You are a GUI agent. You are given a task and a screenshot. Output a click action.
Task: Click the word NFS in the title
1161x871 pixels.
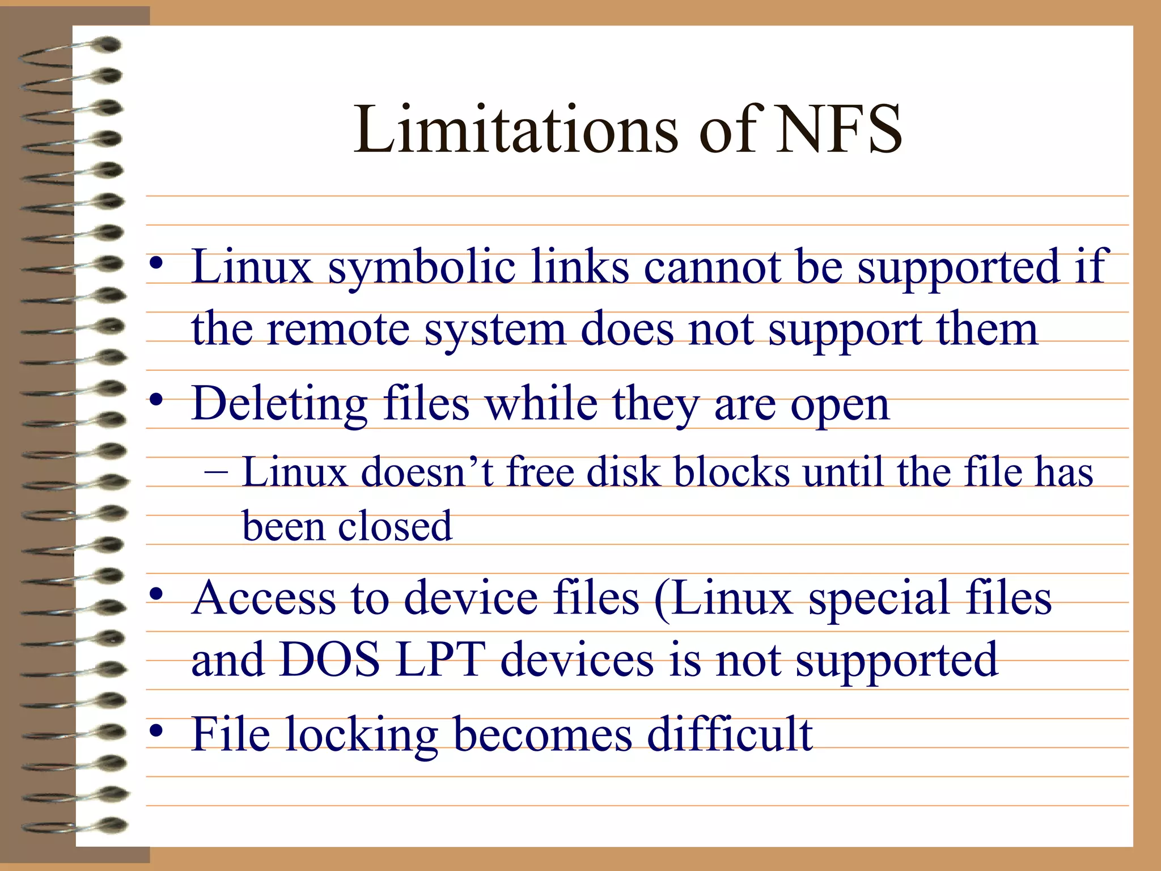[838, 130]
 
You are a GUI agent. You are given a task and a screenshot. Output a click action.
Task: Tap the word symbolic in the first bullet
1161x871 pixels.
[422, 268]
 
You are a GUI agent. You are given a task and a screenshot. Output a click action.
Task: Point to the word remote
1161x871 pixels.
[338, 329]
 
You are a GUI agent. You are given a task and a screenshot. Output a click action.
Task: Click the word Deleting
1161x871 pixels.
[279, 404]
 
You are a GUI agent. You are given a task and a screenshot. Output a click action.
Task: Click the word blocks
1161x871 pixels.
[731, 472]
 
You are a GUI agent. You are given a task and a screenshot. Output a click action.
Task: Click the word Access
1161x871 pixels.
[264, 598]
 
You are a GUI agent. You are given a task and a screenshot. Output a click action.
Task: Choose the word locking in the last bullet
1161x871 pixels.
[362, 735]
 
